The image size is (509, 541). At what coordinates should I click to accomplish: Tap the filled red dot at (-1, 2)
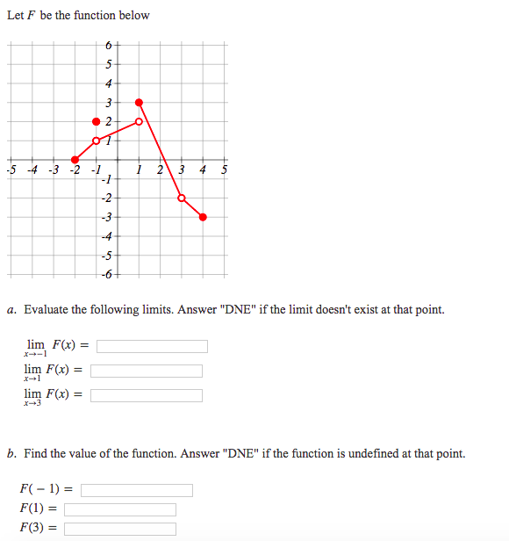[97, 121]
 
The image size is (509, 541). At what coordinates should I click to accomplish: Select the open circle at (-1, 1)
[97, 141]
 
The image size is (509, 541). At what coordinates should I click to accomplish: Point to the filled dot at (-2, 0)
[75, 160]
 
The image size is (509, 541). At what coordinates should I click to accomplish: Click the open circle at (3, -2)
[182, 198]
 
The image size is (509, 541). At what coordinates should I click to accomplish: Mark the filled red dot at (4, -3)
[203, 217]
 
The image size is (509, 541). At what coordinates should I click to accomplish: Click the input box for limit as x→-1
[152, 346]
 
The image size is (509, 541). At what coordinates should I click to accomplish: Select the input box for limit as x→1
[147, 371]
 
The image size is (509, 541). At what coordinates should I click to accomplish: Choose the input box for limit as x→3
[147, 395]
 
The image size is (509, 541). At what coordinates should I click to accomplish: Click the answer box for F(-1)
[137, 490]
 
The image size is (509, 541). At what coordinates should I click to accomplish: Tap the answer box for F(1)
[120, 509]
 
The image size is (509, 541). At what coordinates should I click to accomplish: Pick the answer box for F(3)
[120, 529]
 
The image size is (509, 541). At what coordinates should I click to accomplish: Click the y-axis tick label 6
[107, 45]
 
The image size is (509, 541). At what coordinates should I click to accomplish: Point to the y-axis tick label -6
[106, 276]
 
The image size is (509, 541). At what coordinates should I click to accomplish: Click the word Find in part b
[36, 454]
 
